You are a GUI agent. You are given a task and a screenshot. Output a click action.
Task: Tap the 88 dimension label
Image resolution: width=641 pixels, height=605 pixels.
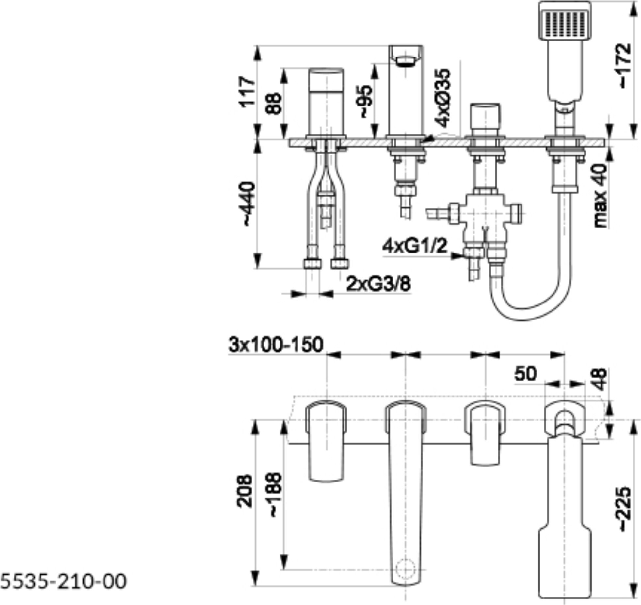(x=274, y=103)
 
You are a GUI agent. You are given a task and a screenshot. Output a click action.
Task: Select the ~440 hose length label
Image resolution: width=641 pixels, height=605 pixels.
(x=247, y=204)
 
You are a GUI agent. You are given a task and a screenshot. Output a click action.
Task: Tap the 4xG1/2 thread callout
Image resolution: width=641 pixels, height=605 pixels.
(x=414, y=246)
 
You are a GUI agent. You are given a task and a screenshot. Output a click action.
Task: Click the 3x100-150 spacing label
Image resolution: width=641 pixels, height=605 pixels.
(x=276, y=345)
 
